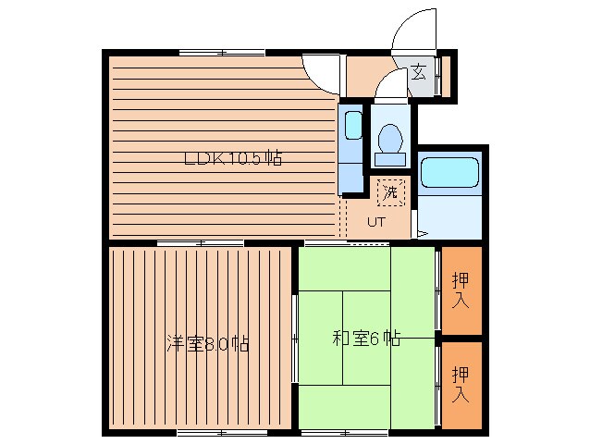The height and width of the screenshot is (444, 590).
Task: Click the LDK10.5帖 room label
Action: [232, 158]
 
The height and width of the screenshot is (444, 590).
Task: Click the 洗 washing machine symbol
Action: [390, 193]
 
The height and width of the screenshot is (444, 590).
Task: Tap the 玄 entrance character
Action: [418, 72]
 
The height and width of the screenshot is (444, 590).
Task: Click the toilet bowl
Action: [390, 140]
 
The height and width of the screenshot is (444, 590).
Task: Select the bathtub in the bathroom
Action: [449, 173]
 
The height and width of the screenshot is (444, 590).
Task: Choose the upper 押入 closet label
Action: [461, 290]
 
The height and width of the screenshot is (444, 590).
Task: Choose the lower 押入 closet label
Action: [461, 384]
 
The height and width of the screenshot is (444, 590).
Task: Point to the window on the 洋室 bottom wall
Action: [215, 432]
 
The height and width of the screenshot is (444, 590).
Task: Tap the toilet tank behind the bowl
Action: [390, 158]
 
